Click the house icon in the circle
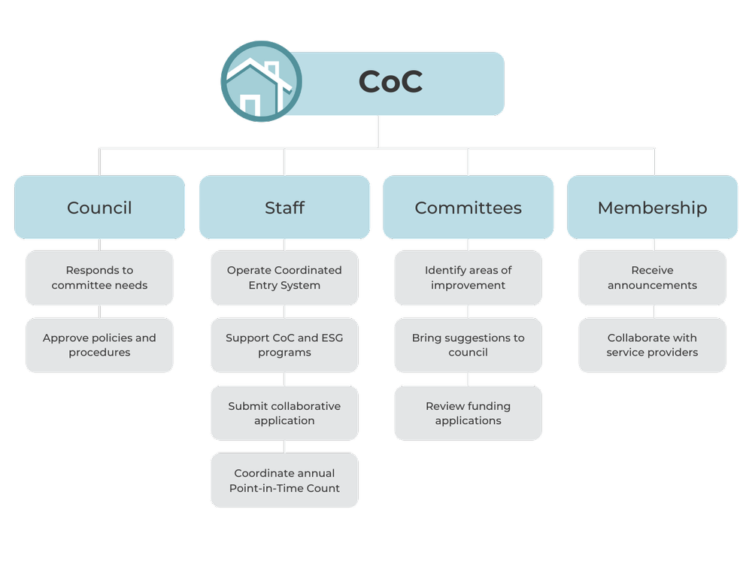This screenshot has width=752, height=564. [x=260, y=82]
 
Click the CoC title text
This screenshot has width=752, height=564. [x=390, y=82]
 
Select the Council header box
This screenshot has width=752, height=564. [x=99, y=208]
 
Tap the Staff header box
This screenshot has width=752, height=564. [x=284, y=208]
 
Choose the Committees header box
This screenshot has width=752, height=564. [x=468, y=208]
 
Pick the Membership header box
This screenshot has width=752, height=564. [x=652, y=208]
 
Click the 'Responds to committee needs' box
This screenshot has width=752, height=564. [x=99, y=277]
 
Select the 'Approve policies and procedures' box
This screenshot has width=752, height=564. [x=99, y=345]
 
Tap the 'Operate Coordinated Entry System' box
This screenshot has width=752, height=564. [x=284, y=277]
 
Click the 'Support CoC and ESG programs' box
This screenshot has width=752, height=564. [x=284, y=345]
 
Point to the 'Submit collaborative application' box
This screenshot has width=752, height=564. [x=284, y=413]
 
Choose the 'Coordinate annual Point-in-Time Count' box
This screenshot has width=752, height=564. [x=284, y=481]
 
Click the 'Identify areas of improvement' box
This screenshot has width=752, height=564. [x=468, y=277]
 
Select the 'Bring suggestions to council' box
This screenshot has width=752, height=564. [x=468, y=345]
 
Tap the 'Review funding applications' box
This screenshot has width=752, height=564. [x=468, y=413]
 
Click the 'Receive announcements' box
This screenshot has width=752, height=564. [x=652, y=277]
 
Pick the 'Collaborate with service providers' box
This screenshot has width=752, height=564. [x=652, y=345]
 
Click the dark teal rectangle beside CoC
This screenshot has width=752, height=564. [x=628, y=83]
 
